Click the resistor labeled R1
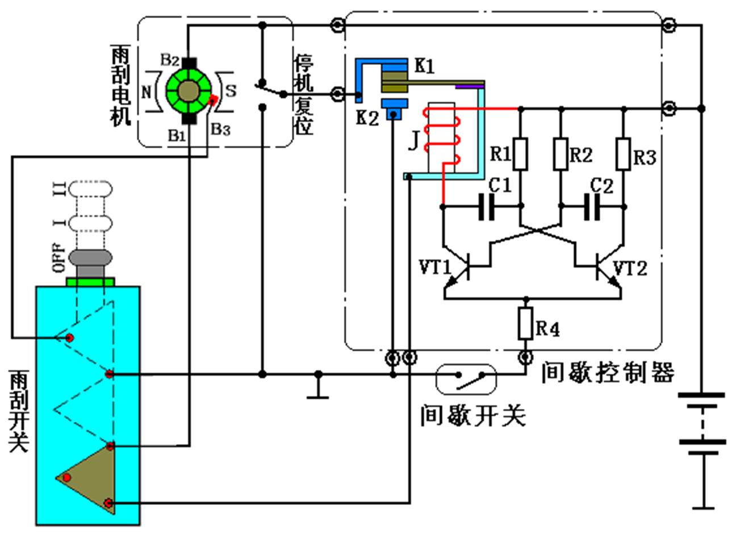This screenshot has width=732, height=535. tap(520, 154)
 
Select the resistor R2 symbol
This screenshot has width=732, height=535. tap(560, 154)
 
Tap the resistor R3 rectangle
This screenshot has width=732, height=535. tap(624, 154)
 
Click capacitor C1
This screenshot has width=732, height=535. tap(486, 207)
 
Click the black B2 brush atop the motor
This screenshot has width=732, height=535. tap(189, 62)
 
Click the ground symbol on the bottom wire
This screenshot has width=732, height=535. tap(318, 392)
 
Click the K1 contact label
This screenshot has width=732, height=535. tap(424, 66)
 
